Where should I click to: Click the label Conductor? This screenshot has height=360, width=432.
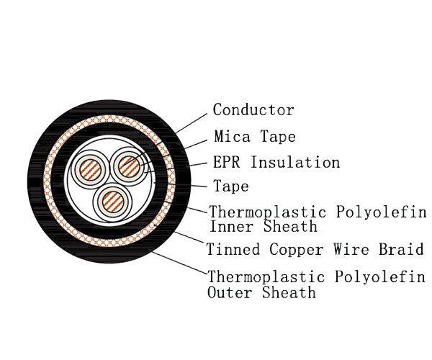[253, 110]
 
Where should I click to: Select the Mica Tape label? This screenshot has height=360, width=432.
[255, 136]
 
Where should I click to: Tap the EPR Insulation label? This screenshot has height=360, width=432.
[276, 162]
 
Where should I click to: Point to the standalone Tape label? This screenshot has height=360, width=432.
[231, 186]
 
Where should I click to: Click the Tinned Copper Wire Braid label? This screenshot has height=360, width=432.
[315, 250]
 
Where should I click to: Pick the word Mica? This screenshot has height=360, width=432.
[230, 136]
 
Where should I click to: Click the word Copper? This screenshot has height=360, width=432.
[297, 250]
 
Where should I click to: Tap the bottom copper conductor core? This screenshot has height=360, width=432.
[110, 202]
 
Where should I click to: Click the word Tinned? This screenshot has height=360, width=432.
[233, 250]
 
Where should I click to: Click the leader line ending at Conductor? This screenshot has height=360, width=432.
[191, 122]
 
